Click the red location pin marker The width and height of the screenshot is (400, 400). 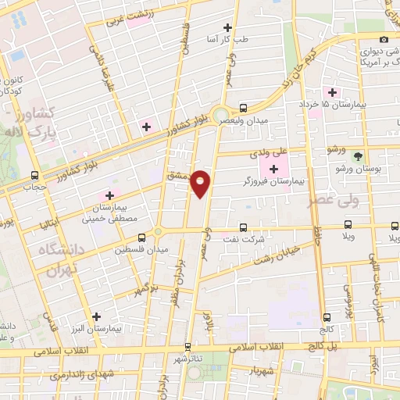pyautogui.click(x=201, y=184)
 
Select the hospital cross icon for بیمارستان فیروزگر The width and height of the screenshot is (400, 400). pyautogui.click(x=273, y=168)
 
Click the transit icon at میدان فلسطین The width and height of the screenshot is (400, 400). pyautogui.click(x=141, y=237)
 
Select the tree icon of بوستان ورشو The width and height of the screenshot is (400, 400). pyautogui.click(x=358, y=156)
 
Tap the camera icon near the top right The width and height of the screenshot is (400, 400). pyautogui.click(x=384, y=39)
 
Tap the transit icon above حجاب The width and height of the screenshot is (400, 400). pyautogui.click(x=34, y=175)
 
